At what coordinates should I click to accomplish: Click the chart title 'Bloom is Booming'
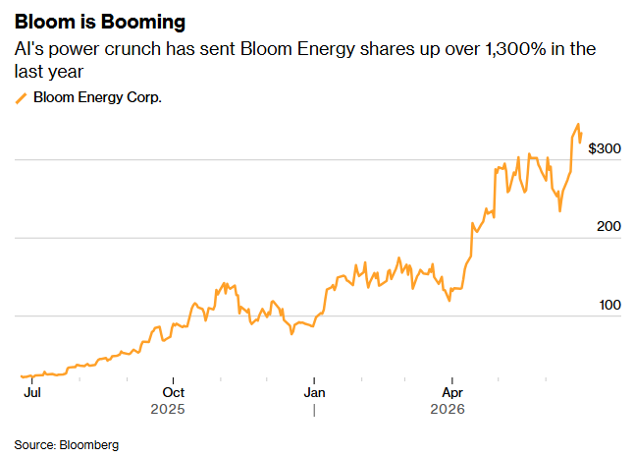[x=100, y=22]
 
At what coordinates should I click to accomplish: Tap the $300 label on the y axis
[x=605, y=148]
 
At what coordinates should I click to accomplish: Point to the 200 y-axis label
[x=608, y=226]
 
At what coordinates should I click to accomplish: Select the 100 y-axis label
[x=609, y=305]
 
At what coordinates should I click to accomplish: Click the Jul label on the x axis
[x=32, y=392]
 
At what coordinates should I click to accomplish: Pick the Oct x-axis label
[x=173, y=392]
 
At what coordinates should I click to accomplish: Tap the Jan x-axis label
[x=314, y=392]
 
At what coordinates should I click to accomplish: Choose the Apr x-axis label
[x=452, y=392]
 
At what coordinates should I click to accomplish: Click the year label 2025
[x=168, y=409]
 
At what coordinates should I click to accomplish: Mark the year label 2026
[x=448, y=409]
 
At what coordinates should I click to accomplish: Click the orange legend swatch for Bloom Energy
[x=21, y=98]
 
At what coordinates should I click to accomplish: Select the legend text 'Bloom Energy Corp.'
[x=97, y=97]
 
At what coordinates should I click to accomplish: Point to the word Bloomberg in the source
[x=89, y=444]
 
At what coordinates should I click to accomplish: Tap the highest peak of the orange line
[x=578, y=124]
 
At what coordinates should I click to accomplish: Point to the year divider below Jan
[x=314, y=411]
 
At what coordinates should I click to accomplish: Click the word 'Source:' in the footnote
[x=34, y=444]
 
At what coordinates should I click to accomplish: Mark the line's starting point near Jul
[x=22, y=376]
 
